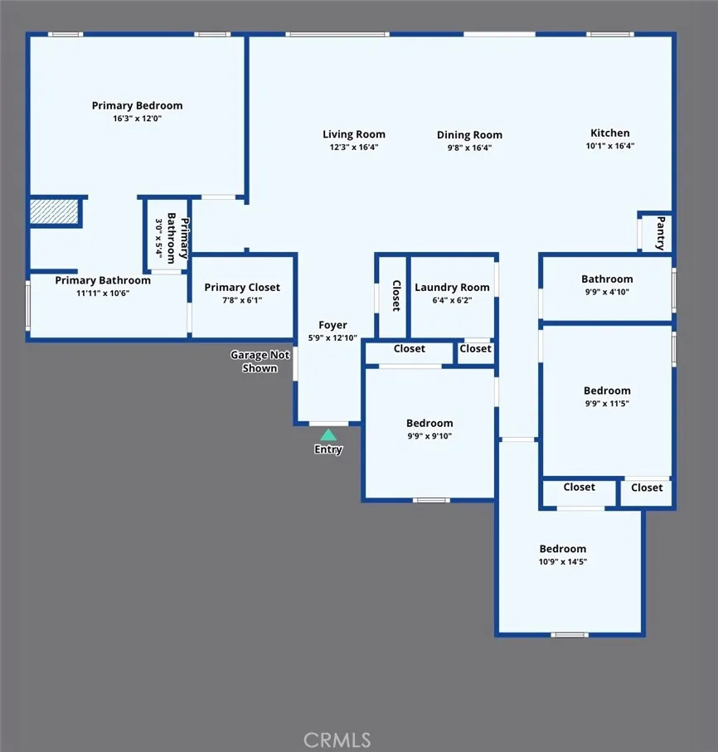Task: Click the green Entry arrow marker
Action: click(x=328, y=435)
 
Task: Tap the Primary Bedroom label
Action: click(x=137, y=105)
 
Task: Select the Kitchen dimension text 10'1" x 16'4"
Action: click(x=610, y=146)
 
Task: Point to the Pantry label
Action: click(x=661, y=233)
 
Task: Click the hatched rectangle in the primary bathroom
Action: click(x=54, y=211)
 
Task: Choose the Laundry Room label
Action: click(x=453, y=287)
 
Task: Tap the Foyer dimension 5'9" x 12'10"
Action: click(x=332, y=337)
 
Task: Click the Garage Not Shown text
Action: click(x=260, y=361)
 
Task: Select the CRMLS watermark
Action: click(x=337, y=740)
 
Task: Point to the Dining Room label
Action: click(x=469, y=135)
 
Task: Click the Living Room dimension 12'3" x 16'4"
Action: click(x=354, y=148)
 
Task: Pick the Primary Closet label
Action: click(x=242, y=287)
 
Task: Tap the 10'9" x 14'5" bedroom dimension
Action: click(x=563, y=561)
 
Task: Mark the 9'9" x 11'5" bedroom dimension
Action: click(x=607, y=403)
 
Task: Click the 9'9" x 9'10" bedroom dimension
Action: click(x=429, y=436)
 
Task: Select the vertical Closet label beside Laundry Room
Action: click(x=396, y=296)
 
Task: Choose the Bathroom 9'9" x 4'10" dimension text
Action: click(x=607, y=292)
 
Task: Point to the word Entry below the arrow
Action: click(x=328, y=449)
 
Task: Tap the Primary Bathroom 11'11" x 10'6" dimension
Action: click(x=103, y=293)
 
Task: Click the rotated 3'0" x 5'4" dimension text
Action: click(x=158, y=238)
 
